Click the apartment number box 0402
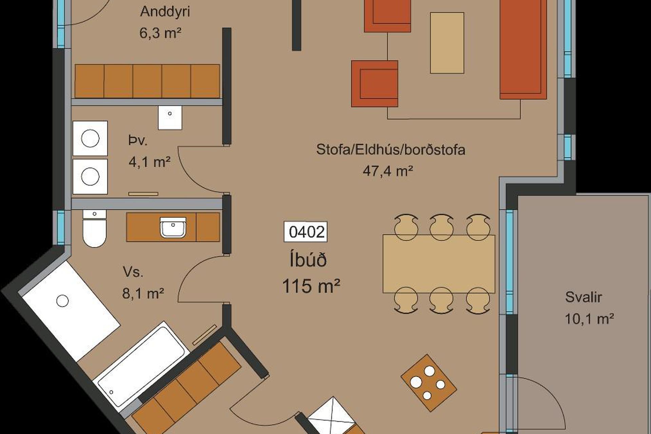click(305, 232)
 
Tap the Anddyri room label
click(165, 12)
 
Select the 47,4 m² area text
click(388, 171)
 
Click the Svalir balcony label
click(583, 297)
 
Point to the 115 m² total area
click(311, 285)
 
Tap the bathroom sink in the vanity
click(173, 227)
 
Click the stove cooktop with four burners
click(429, 383)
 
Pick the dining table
click(439, 263)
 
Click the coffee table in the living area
click(447, 43)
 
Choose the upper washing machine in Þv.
click(90, 138)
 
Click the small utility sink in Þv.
click(170, 117)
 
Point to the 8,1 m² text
click(143, 293)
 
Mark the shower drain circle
click(62, 301)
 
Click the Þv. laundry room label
click(138, 140)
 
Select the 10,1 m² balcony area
click(589, 319)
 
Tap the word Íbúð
click(308, 260)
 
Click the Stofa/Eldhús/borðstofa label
click(391, 150)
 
